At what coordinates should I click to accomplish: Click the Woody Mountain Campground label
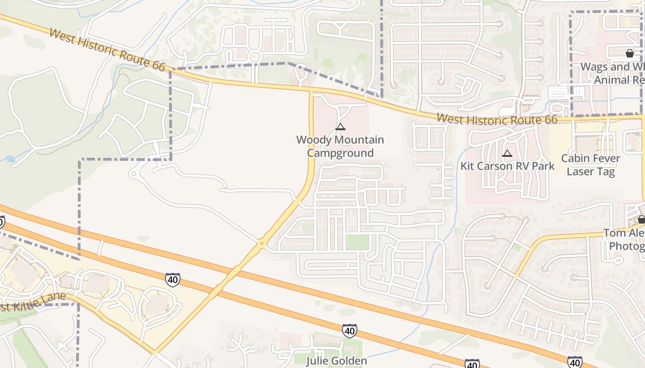340,146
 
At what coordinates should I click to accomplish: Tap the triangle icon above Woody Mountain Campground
340,127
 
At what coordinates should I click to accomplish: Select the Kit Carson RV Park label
507,166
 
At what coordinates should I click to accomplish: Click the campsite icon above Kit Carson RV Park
507,153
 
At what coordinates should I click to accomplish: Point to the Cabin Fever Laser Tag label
590,165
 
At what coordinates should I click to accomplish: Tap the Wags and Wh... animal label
612,73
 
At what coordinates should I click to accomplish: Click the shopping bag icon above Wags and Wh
629,54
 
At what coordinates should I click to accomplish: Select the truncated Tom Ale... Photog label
624,240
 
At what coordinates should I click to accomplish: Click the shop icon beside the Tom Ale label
641,219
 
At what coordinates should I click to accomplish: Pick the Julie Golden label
337,361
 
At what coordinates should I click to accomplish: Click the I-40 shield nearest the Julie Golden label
349,330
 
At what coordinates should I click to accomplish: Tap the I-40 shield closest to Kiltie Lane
172,279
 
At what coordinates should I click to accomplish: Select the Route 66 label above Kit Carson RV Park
497,120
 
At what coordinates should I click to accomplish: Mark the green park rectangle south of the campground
358,242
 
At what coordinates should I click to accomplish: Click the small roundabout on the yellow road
262,242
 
